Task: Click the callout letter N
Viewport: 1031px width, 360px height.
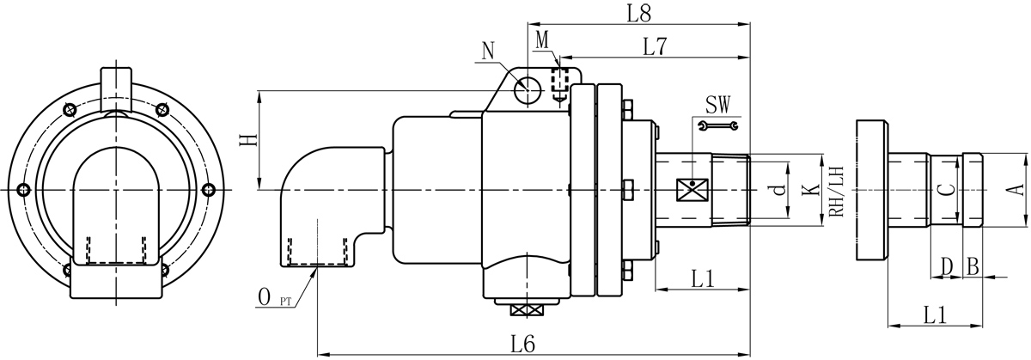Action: pyautogui.click(x=489, y=51)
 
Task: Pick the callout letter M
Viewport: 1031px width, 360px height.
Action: pyautogui.click(x=542, y=39)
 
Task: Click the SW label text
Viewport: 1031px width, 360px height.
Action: pyautogui.click(x=717, y=105)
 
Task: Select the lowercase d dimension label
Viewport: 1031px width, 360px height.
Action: pyautogui.click(x=778, y=191)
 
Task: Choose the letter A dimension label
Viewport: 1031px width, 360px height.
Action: pyautogui.click(x=1015, y=189)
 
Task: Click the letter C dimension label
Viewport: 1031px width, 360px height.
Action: pyautogui.click(x=943, y=190)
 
